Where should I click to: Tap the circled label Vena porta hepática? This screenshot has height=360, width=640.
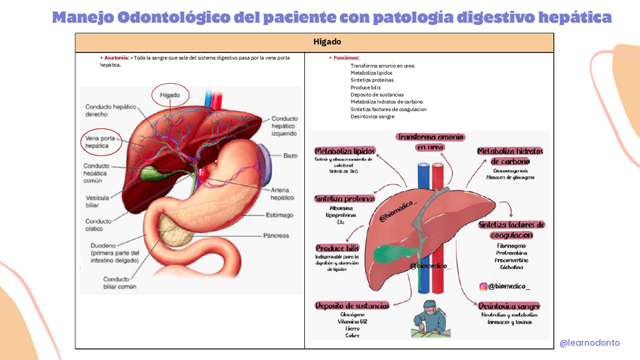coord(100,141)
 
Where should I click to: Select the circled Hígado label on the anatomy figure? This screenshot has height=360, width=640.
coord(170,96)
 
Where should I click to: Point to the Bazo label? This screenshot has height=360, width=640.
coord(291,155)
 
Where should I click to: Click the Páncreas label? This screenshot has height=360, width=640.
coord(276,235)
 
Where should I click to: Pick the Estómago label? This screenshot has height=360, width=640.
coord(278,214)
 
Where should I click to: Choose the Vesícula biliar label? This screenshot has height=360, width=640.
coord(98,202)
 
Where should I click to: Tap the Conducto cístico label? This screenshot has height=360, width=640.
coord(98,225)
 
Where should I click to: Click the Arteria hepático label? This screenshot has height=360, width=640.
coord(282,193)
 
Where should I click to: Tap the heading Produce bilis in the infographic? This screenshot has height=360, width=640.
coord(337,248)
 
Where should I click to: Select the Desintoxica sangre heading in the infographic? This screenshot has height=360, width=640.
coord(509,306)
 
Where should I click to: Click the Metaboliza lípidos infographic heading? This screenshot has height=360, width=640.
coord(344,152)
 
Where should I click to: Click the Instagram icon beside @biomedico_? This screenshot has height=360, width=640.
coord(482,286)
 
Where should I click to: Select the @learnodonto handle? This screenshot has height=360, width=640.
coord(589,343)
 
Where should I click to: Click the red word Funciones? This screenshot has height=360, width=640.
coord(348,57)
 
